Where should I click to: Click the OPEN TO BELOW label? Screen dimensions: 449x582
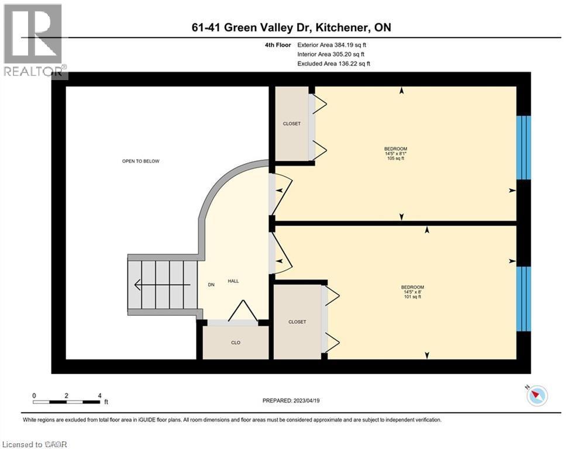[140, 161]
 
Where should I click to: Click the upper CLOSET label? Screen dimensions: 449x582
[291, 124]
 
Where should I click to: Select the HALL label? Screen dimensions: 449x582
[233, 281]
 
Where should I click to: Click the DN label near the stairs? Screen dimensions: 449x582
[212, 285]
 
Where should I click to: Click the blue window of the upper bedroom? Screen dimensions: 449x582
[524, 147]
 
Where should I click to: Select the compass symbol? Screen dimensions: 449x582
[536, 396]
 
